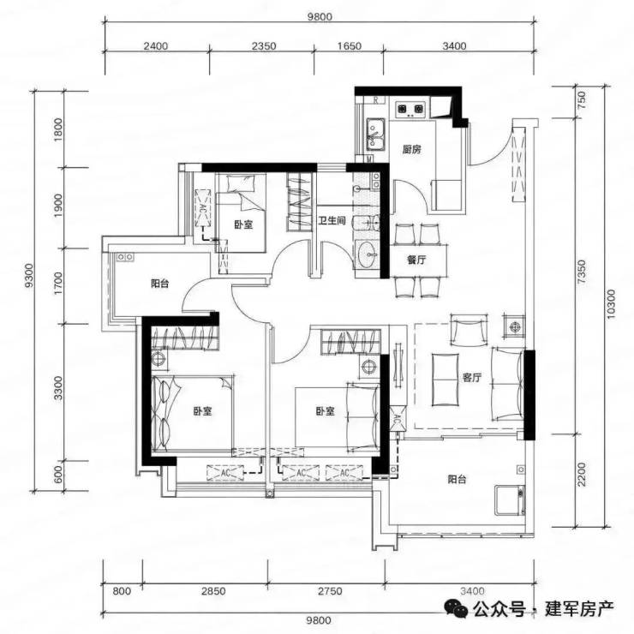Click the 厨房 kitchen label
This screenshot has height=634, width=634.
click(x=411, y=150)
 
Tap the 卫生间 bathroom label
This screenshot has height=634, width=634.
click(x=332, y=221)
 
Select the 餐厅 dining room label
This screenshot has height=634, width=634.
click(x=416, y=260)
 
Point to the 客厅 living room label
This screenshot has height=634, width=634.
click(x=472, y=378)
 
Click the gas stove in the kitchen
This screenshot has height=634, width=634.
click(x=410, y=109)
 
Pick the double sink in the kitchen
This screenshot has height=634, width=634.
click(x=375, y=134)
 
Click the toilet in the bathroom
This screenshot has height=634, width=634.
click(x=366, y=222)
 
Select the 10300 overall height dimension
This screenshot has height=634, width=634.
click(x=611, y=304)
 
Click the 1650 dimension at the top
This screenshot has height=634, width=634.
click(x=350, y=46)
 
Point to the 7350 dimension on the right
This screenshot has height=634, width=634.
click(x=582, y=272)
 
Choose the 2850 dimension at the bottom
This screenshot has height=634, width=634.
click(x=213, y=591)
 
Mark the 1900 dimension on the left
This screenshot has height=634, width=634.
click(x=58, y=206)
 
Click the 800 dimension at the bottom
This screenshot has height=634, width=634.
click(x=122, y=591)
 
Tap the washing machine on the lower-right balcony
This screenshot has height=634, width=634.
click(x=511, y=500)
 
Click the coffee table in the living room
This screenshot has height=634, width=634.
click(x=446, y=380)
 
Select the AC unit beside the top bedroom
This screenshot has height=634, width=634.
click(x=202, y=208)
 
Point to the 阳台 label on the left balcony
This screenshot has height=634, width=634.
click(x=159, y=284)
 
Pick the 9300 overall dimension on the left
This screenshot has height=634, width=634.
click(x=29, y=276)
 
